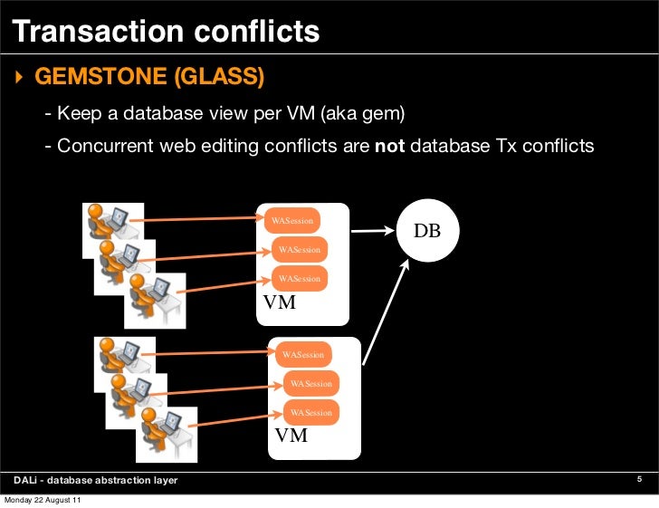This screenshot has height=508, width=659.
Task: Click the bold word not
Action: (389, 145)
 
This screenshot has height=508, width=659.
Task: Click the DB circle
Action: (427, 231)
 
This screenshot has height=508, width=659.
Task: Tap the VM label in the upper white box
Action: (279, 302)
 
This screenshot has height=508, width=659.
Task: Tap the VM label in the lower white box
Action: (291, 436)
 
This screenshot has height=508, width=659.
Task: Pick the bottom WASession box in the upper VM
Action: (300, 278)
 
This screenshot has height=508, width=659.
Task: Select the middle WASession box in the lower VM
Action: (310, 384)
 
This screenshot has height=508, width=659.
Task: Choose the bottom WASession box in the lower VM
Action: (310, 412)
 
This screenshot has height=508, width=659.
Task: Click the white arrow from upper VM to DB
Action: (373, 231)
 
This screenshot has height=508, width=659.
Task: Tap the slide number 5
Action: (639, 479)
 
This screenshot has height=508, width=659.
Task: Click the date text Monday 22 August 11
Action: (43, 501)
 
